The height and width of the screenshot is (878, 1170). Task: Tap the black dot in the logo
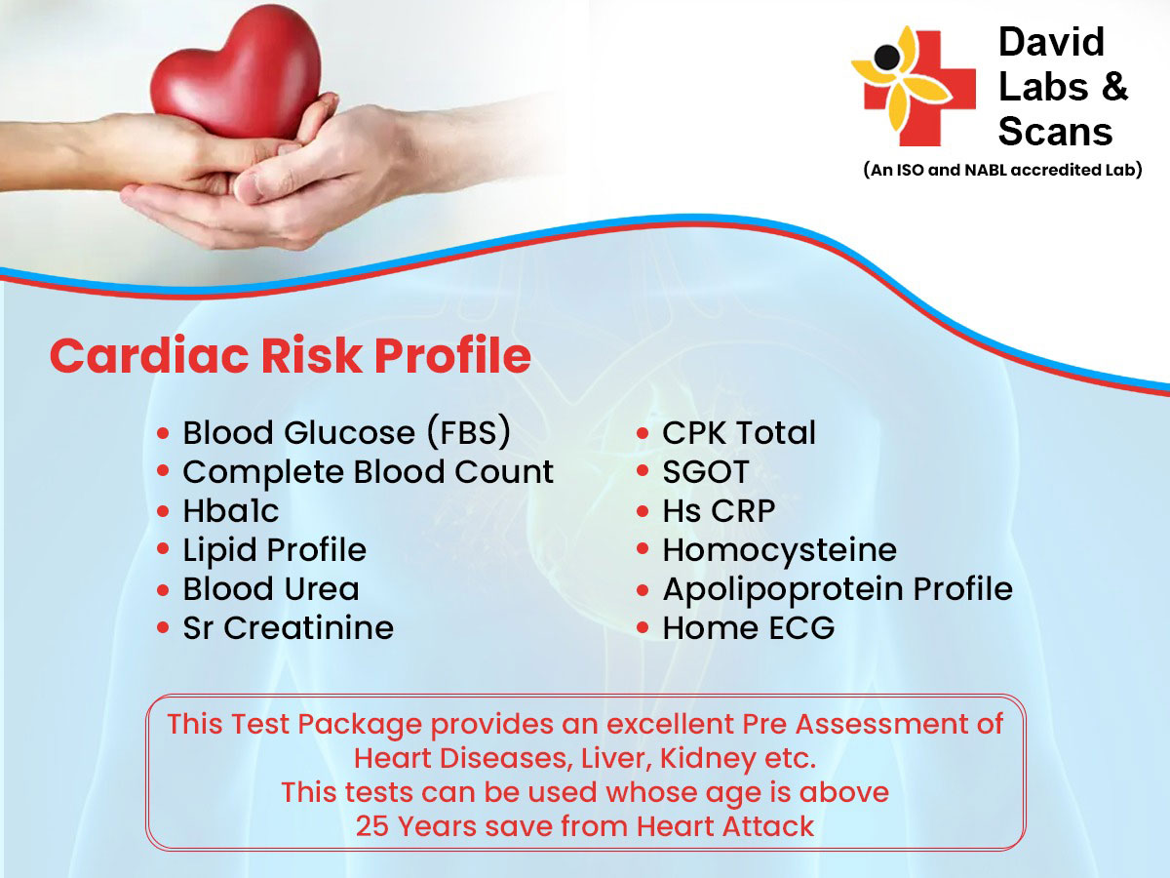tap(887, 57)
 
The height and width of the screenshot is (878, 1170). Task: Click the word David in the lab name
tap(1051, 42)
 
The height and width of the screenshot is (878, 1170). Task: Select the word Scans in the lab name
tap(1055, 131)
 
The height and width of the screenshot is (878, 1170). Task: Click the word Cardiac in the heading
tap(149, 355)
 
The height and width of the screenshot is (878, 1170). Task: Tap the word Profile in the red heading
tap(452, 354)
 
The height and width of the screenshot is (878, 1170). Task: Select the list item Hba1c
tap(231, 510)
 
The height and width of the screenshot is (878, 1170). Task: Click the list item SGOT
tap(706, 472)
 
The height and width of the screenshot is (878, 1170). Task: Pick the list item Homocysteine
tap(780, 549)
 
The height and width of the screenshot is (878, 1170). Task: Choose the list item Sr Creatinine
tap(289, 628)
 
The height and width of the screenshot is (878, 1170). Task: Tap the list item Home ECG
tap(749, 628)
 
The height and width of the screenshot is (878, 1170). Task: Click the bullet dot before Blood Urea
tap(163, 590)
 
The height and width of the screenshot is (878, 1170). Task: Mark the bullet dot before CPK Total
tap(643, 433)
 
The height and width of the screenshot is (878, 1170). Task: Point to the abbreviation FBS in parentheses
tap(469, 432)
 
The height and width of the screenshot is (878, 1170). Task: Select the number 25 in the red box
tap(372, 827)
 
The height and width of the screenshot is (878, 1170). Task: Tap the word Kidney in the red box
tap(708, 760)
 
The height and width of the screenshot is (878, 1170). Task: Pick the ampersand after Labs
tap(1114, 87)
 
